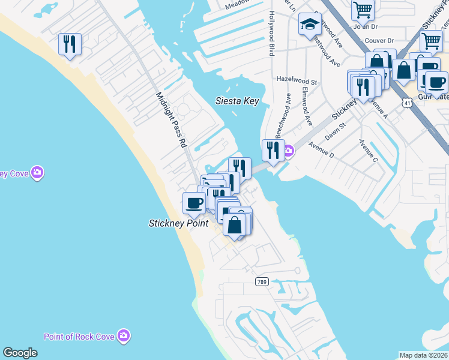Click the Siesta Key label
coord(237,101)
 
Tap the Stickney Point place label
coord(178,223)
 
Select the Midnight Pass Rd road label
coord(172,120)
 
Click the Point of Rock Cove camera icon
coord(124,335)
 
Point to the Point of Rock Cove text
coord(79,336)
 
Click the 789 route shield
coord(261,281)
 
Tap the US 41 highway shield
coord(407,103)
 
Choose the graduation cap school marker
coord(309,25)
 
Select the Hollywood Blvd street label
coord(272,34)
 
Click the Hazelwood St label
coord(297,79)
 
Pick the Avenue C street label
coord(367,151)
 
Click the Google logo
coord(20,353)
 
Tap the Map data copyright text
coord(424,355)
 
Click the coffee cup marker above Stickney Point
coord(194,203)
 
